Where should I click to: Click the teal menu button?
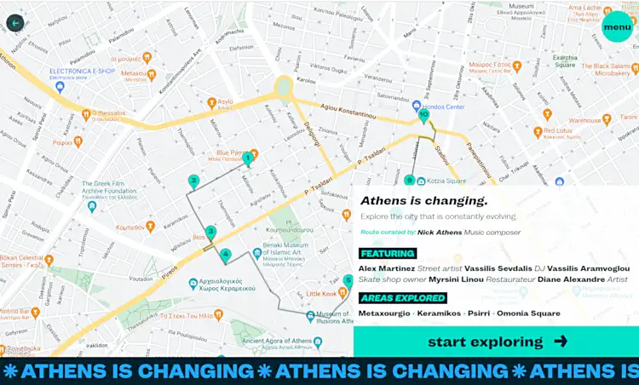point(616,26)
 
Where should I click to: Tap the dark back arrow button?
point(16,22)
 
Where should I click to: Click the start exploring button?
point(496,342)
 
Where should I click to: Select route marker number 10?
point(423,115)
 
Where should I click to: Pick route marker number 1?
point(247,158)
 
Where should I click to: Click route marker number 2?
point(193,181)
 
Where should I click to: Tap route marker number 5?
point(348,280)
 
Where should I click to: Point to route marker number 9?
point(409,180)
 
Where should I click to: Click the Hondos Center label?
point(444,107)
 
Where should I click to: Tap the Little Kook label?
point(321,293)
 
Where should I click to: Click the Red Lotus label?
point(557,132)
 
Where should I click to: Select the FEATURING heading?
point(388,253)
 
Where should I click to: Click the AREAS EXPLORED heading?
point(403,298)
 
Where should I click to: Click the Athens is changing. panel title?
point(423,201)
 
